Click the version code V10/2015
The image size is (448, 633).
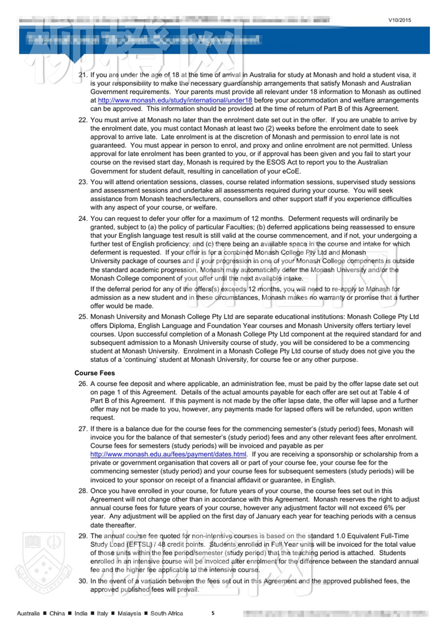click(400, 20)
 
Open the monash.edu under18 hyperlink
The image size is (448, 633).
click(175, 100)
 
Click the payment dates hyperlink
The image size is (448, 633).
click(168, 454)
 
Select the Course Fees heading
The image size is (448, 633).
click(94, 373)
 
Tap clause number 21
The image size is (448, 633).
click(83, 75)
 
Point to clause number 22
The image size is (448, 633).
click(83, 120)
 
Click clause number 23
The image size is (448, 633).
click(83, 182)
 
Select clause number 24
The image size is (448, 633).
click(83, 219)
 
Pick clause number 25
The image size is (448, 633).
click(83, 317)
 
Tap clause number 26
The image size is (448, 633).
click(83, 384)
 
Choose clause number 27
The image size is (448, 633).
click(83, 429)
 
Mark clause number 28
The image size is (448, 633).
click(83, 491)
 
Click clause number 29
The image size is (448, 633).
click(83, 536)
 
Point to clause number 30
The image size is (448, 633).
click(83, 581)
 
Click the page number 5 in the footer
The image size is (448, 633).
click(213, 613)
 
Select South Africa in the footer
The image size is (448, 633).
click(166, 613)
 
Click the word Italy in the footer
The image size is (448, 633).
click(102, 613)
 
